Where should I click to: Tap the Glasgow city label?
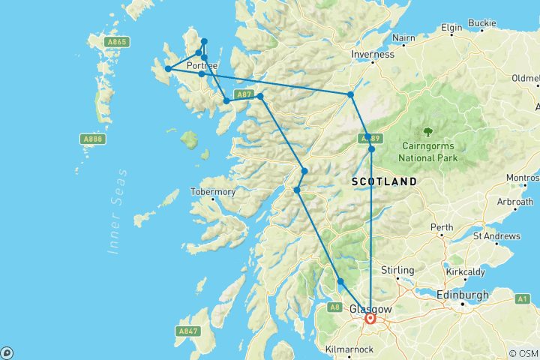point(370,309)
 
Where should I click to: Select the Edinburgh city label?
point(463,295)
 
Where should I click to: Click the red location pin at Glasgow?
point(370,319)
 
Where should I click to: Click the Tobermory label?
point(214,192)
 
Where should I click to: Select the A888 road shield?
point(92,138)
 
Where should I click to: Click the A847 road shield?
point(188,330)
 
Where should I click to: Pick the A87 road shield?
point(243,94)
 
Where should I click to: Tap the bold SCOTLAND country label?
point(384,182)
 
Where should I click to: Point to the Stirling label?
point(397,270)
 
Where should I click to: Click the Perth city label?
point(441,226)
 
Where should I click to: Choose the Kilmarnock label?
point(350,349)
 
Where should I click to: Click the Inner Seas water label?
point(117,213)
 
